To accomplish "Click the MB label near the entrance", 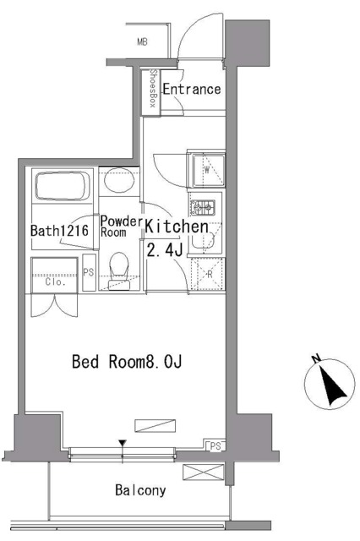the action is [x=142, y=42].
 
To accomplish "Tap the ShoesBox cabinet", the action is [x=151, y=91].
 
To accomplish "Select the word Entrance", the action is [x=191, y=90].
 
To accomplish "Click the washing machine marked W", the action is [x=207, y=169].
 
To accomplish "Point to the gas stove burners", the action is [x=203, y=208].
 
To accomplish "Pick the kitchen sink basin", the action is [x=205, y=238].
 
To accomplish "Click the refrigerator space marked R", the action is [x=208, y=275].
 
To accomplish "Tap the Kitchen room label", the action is [x=177, y=227].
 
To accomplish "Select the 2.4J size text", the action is [x=165, y=250].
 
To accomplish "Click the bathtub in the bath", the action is [x=63, y=186].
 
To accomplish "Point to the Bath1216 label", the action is [x=59, y=231].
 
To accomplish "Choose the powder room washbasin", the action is [x=119, y=180].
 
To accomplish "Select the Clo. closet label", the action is [x=55, y=281].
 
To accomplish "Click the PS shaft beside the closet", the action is [x=89, y=272].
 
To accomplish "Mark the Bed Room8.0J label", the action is [x=127, y=362].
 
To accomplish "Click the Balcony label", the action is [x=140, y=490].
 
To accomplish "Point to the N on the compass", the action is [x=315, y=358].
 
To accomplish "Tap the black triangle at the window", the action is [x=122, y=443].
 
